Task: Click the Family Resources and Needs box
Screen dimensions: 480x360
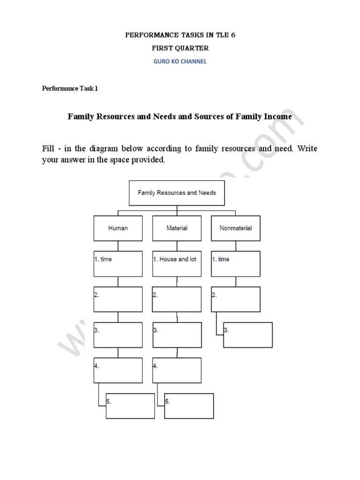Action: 177,193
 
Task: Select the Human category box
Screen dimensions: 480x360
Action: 118,228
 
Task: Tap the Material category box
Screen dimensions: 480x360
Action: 177,228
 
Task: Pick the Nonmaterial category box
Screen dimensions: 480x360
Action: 236,228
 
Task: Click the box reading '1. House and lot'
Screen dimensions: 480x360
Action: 177,263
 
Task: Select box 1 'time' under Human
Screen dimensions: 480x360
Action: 118,263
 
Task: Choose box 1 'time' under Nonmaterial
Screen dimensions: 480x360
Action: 236,263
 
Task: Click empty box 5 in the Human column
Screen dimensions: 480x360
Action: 130,406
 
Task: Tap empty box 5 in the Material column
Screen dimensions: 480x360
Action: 189,406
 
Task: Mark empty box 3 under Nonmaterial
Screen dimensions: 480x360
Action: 248,335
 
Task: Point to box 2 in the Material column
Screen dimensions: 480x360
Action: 177,299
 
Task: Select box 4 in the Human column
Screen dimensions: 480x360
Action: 118,370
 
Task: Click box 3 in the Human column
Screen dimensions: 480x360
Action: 118,335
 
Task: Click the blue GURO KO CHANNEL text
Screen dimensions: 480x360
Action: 180,61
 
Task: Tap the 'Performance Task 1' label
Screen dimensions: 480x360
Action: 70,88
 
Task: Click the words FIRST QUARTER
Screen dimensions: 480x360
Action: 180,48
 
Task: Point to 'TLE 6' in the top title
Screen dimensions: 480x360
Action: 223,35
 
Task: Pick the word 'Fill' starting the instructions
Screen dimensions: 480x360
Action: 49,149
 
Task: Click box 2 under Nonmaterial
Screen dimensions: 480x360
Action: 236,299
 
